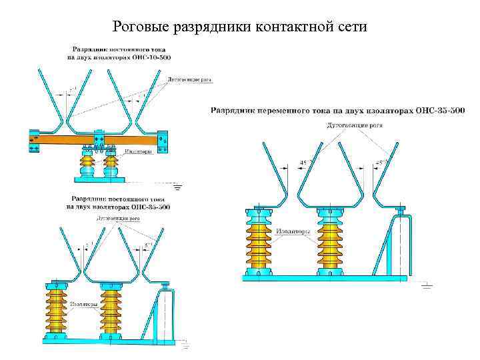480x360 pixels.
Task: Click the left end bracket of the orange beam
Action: (x=34, y=141)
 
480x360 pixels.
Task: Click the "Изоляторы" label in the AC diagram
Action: (x=294, y=231)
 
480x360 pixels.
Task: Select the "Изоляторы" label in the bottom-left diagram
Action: (x=85, y=305)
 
